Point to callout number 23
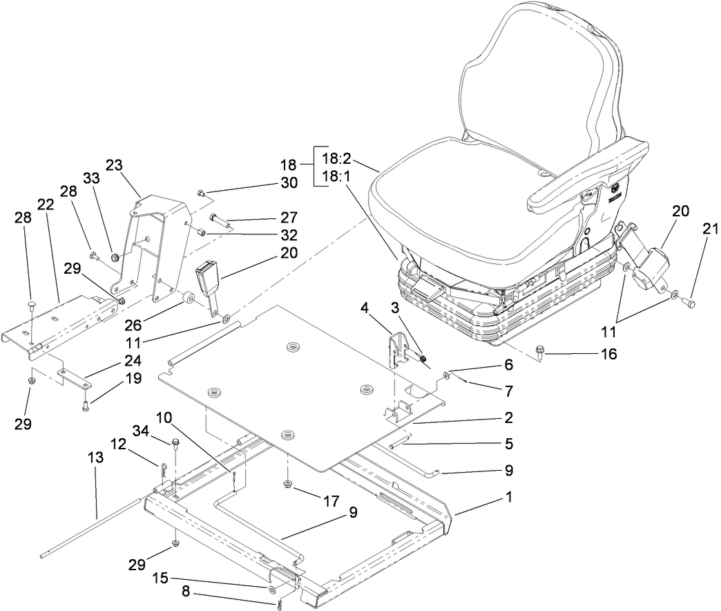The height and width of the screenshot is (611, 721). click(114, 165)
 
